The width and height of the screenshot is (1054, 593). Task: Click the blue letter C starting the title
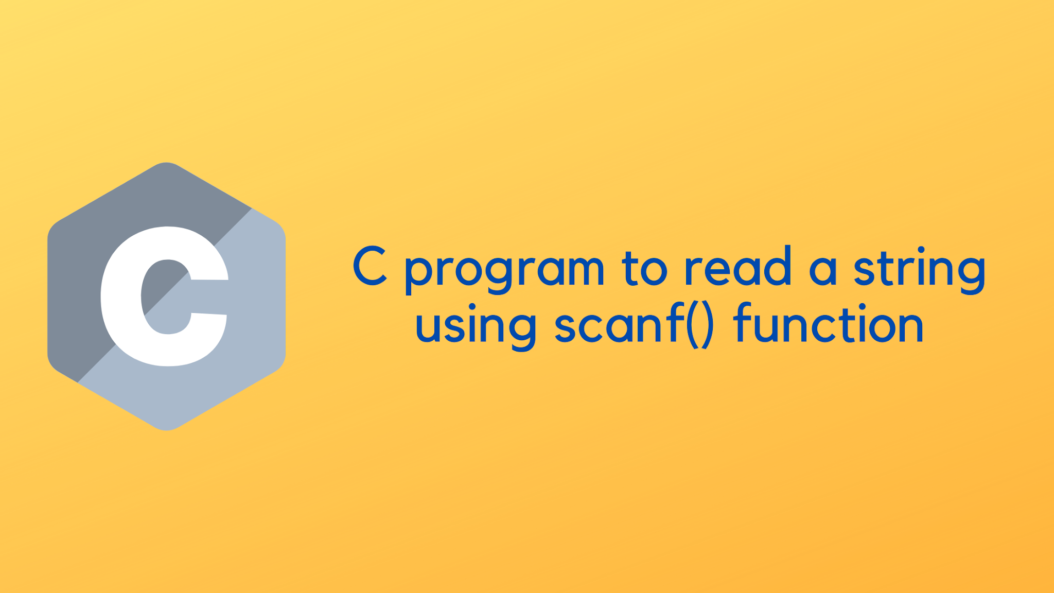(370, 266)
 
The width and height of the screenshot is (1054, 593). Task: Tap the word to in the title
(644, 268)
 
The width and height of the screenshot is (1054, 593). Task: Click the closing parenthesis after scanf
(707, 325)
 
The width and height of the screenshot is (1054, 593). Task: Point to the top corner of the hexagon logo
(166, 164)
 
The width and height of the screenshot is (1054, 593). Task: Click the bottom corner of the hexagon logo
(166, 429)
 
